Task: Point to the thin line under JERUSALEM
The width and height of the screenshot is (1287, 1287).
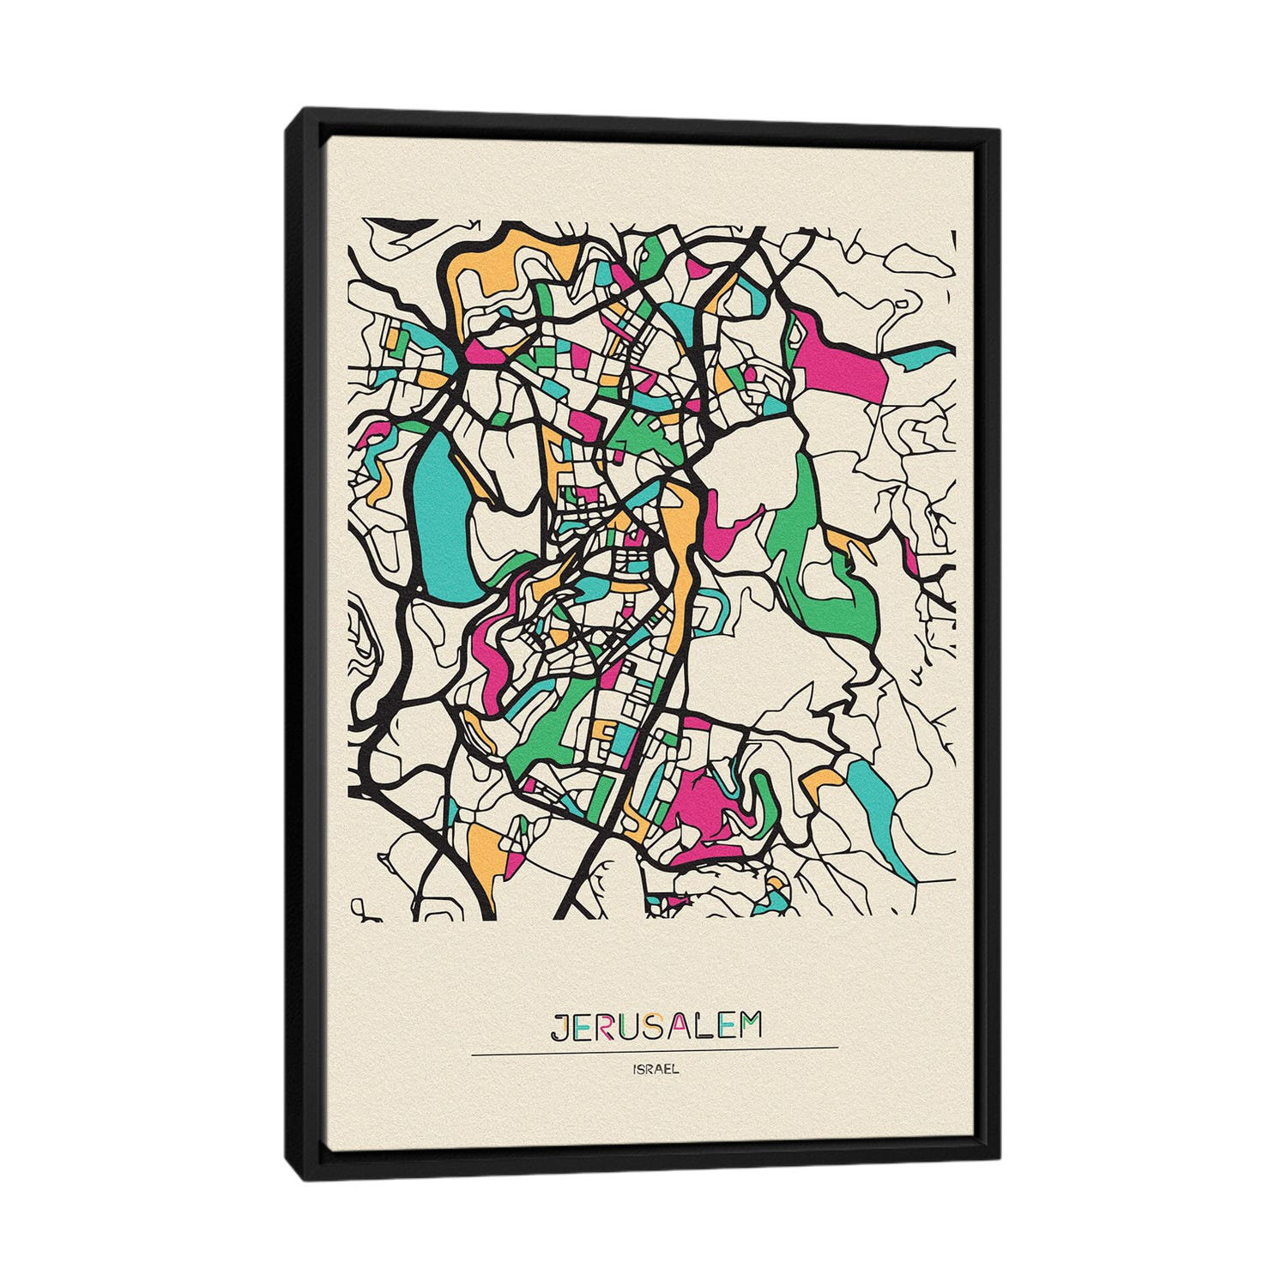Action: [655, 1048]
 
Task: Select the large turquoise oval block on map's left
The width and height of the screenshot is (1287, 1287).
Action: [439, 515]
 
